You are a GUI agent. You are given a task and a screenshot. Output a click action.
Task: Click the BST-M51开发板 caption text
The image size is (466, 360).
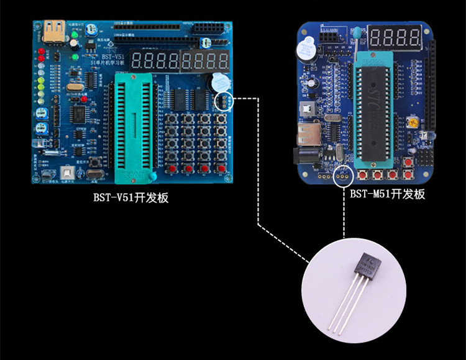387,194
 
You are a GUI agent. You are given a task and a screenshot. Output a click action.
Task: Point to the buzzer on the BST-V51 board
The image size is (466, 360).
217,81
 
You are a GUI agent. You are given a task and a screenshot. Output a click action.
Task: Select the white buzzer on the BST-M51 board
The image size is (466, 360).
304,48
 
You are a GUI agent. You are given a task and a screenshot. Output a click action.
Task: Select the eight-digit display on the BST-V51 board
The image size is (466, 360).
180,61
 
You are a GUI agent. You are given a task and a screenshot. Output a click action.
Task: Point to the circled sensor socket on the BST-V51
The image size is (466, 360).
222,101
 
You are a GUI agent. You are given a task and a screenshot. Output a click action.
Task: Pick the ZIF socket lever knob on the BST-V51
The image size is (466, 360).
151,179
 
